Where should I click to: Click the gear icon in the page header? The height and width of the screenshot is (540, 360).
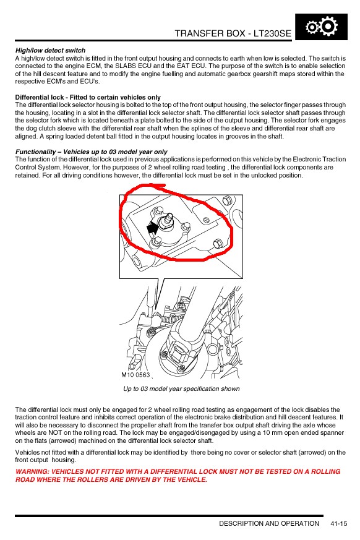[322, 27]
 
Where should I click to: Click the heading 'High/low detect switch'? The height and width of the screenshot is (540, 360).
[50, 50]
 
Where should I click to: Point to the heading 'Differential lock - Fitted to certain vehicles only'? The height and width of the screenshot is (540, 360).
[88, 97]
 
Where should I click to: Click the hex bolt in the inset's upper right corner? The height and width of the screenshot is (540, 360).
[227, 200]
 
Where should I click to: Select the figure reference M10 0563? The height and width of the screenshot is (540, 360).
[135, 375]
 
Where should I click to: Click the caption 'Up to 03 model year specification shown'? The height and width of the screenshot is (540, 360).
[181, 388]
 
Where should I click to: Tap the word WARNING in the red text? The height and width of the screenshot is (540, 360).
[32, 471]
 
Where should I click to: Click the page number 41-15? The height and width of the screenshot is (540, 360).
[338, 523]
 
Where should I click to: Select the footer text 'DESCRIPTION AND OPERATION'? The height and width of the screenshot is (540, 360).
[269, 523]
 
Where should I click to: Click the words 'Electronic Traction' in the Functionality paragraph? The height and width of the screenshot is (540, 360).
[319, 159]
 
